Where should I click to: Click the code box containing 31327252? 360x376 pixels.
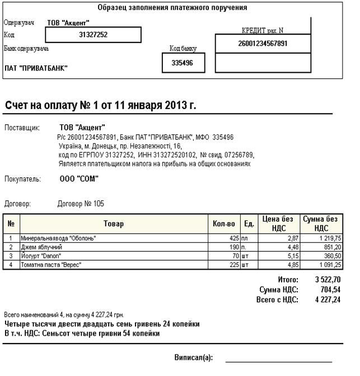tap(93, 35)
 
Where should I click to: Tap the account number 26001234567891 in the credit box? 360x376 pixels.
tap(263, 44)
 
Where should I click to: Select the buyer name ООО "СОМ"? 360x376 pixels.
tap(79, 179)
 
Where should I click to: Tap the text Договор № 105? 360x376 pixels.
tap(81, 204)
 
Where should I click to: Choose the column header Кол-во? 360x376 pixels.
tap(224, 224)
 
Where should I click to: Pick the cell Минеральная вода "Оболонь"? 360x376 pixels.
tap(59, 238)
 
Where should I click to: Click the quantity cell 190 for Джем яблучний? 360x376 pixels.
tap(233, 247)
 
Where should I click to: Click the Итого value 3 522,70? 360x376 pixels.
tap(328, 279)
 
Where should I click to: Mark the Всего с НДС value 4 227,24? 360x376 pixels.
tap(328, 299)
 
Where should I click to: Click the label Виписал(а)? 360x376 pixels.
tap(193, 357)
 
